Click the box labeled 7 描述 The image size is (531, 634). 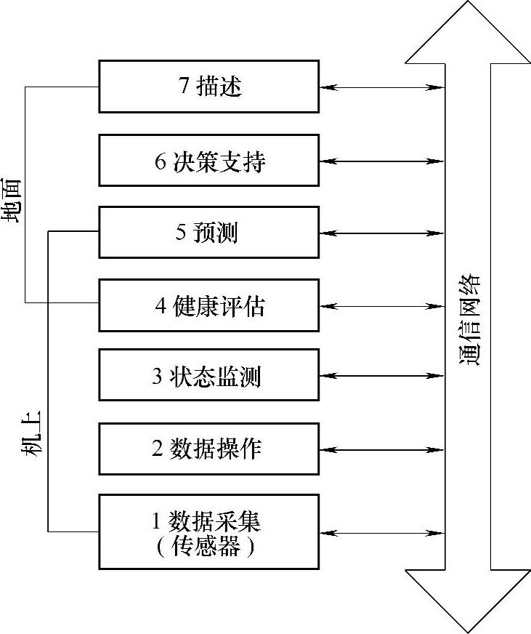pyautogui.click(x=208, y=87)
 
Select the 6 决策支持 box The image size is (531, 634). pyautogui.click(x=208, y=161)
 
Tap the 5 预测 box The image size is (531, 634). pyautogui.click(x=208, y=233)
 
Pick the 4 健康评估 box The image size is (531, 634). pyautogui.click(x=208, y=305)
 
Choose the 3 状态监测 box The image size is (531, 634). pyautogui.click(x=208, y=376)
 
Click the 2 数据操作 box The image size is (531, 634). pyautogui.click(x=208, y=449)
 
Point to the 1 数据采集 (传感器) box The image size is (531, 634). pyautogui.click(x=208, y=531)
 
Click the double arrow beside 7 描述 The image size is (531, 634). pyautogui.click(x=382, y=87)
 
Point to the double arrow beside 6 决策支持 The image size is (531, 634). pyautogui.click(x=382, y=161)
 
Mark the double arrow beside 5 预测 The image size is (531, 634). pyautogui.click(x=382, y=233)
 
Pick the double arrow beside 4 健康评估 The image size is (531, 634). pyautogui.click(x=382, y=306)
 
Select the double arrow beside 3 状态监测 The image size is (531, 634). pyautogui.click(x=382, y=377)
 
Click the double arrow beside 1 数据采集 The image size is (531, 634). pyautogui.click(x=382, y=534)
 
